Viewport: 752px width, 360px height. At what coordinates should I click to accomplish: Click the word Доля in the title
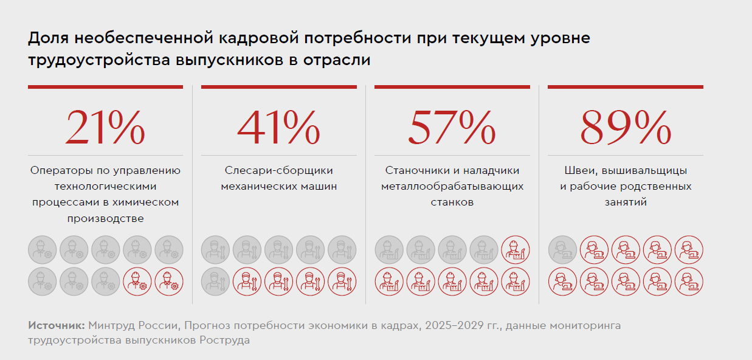[x=47, y=39]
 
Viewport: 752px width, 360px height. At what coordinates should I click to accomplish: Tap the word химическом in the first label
[x=150, y=202]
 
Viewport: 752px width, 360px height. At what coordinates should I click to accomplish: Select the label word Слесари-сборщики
[x=278, y=171]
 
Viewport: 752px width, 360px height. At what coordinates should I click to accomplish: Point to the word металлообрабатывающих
[x=452, y=186]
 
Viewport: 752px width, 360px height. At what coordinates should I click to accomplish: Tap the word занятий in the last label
[x=625, y=202]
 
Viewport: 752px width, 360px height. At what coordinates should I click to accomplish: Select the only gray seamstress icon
[x=562, y=249]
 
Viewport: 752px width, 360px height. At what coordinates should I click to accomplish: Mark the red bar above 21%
[x=105, y=87]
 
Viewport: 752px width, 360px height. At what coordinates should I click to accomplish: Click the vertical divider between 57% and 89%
[x=539, y=195]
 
